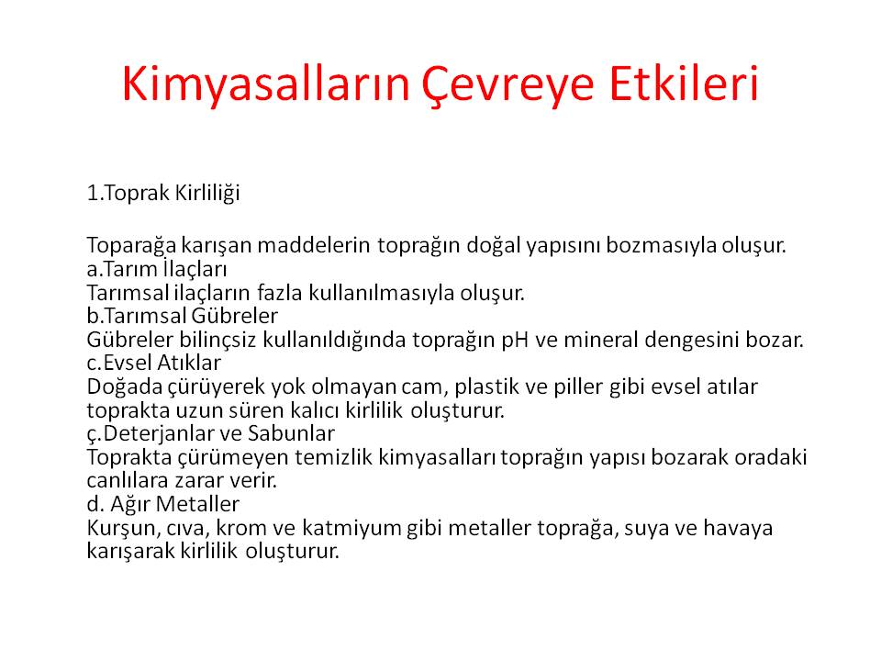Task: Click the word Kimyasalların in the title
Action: pyautogui.click(x=265, y=84)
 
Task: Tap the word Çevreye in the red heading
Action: pyautogui.click(x=507, y=85)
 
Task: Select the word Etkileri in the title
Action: pyautogui.click(x=684, y=84)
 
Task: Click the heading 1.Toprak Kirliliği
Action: pyautogui.click(x=163, y=193)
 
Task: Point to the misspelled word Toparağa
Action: pyautogui.click(x=131, y=246)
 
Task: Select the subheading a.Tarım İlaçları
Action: pyautogui.click(x=157, y=269)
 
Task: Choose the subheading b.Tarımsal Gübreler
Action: pyautogui.click(x=183, y=316)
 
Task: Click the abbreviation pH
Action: pyautogui.click(x=515, y=340)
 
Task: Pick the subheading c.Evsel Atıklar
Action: pyautogui.click(x=154, y=363)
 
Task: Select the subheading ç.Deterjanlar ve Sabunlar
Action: pyautogui.click(x=211, y=433)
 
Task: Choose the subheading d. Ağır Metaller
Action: pyautogui.click(x=163, y=504)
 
